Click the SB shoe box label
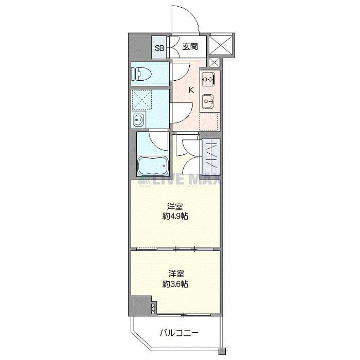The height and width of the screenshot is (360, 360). (x=159, y=48)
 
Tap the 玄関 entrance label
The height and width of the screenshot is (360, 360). (x=190, y=47)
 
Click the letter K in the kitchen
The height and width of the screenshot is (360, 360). (x=191, y=91)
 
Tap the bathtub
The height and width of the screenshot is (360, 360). (x=152, y=166)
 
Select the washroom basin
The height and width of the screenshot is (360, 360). (x=138, y=121)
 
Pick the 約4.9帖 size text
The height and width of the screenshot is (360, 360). (x=176, y=217)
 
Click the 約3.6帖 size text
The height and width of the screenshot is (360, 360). (x=175, y=283)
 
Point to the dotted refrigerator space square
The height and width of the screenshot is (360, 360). (x=209, y=122)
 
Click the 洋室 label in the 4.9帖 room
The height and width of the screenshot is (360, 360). (x=176, y=207)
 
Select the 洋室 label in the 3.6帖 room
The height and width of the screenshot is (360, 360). (x=175, y=274)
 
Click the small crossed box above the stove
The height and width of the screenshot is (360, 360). (x=214, y=63)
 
